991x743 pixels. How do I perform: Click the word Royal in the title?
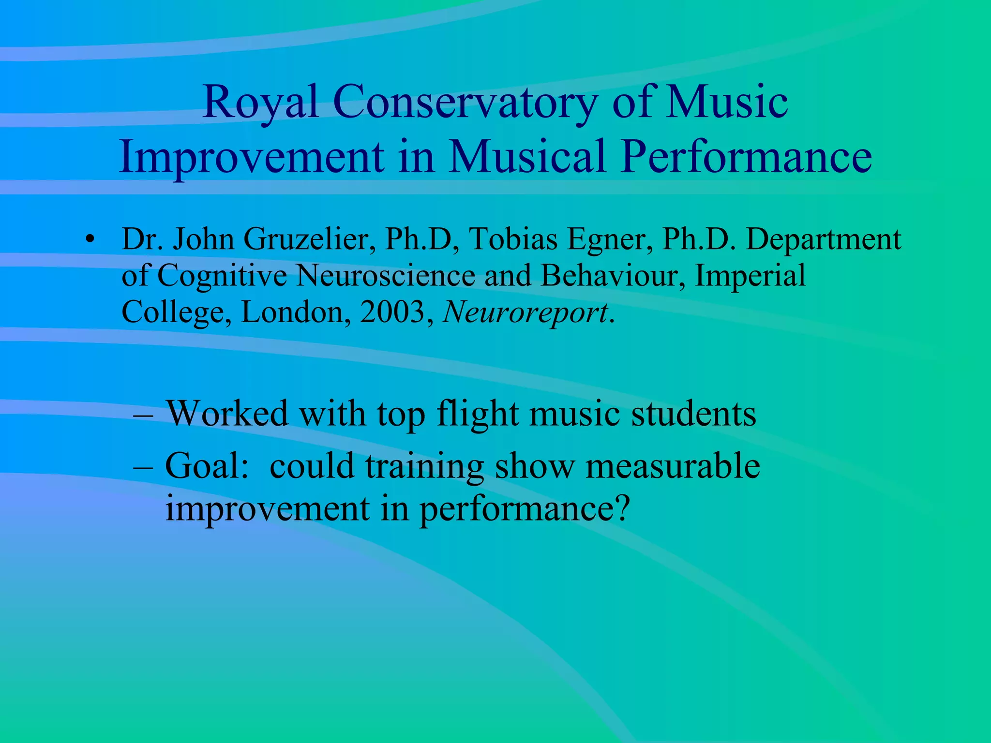coord(260,103)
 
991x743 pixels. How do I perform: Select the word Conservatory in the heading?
coord(465,103)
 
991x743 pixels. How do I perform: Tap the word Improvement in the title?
coord(252,157)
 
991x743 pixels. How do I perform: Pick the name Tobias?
coord(513,239)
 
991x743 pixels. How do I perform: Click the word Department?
coord(823,240)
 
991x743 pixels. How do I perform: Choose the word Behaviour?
coord(613,276)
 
